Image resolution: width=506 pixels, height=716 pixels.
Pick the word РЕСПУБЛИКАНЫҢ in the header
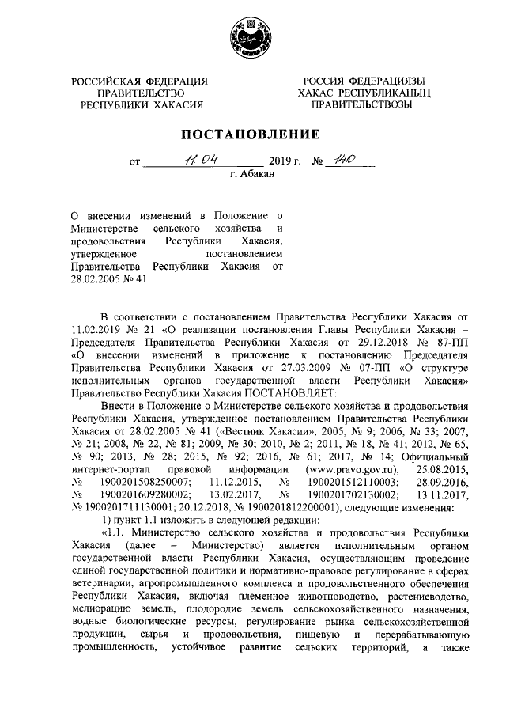[x=384, y=93]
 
